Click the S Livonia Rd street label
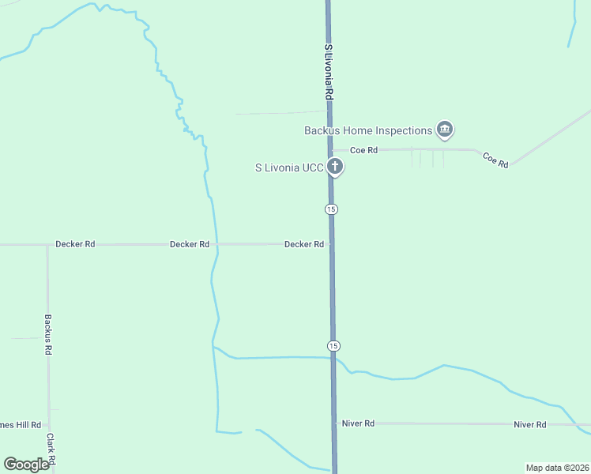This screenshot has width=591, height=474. tap(329, 71)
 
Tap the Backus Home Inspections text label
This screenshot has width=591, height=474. tap(368, 130)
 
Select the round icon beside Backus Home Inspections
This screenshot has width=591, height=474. tap(445, 130)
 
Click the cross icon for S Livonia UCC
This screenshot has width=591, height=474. tap(335, 167)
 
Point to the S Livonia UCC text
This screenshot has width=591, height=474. tap(289, 167)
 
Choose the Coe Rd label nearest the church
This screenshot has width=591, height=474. tap(363, 150)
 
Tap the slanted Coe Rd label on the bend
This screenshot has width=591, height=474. tap(495, 159)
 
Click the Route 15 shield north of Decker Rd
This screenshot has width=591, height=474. tap(331, 209)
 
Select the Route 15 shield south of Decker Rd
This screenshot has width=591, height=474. tap(334, 346)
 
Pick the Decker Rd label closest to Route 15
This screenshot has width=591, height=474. tap(304, 245)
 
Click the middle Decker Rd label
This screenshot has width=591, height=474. tap(190, 245)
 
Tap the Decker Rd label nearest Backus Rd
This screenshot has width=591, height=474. tap(75, 245)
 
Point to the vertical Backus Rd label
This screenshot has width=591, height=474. tap(48, 333)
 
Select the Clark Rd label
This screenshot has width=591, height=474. tap(51, 448)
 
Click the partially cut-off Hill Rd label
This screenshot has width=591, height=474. tap(21, 425)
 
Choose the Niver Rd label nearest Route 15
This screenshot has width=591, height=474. tap(358, 423)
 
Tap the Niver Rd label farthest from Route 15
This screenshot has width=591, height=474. tap(530, 425)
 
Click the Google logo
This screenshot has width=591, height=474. tap(26, 465)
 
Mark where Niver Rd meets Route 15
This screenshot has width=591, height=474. tap(335, 423)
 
